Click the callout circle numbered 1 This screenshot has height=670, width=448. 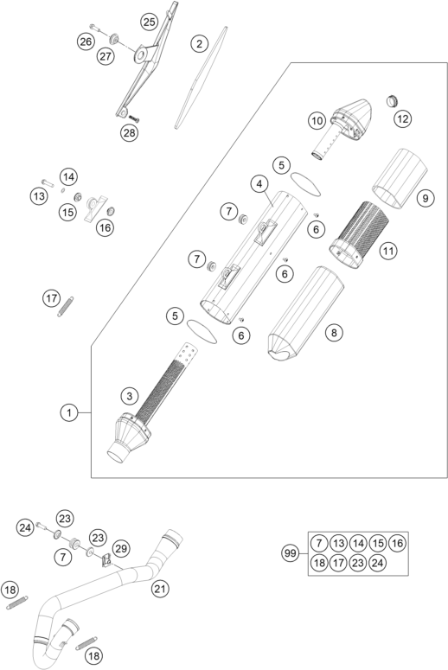69,412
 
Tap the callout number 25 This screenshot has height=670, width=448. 150,22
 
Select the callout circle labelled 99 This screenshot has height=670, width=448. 291,553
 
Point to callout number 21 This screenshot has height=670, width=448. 159,589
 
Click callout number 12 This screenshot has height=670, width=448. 403,118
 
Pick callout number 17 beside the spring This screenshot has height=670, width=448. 52,297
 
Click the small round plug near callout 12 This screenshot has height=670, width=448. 393,101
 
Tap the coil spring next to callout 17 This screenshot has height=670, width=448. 66,307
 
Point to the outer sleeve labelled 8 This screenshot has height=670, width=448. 304,313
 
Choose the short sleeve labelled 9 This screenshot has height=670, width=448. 400,179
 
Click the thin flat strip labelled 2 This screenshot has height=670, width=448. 201,77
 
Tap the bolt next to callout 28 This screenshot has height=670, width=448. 134,118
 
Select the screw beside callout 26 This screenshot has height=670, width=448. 95,28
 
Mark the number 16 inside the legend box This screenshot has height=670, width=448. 397,543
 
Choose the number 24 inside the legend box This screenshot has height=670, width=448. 377,563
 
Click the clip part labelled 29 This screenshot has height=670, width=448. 106,560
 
